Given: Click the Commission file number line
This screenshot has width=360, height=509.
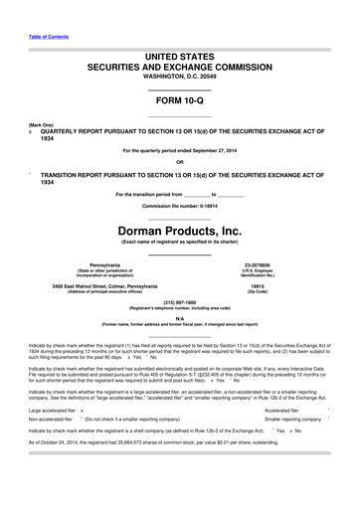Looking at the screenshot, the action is [x=179, y=206].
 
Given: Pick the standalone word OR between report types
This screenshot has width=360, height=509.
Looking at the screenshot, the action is [x=179, y=163].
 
